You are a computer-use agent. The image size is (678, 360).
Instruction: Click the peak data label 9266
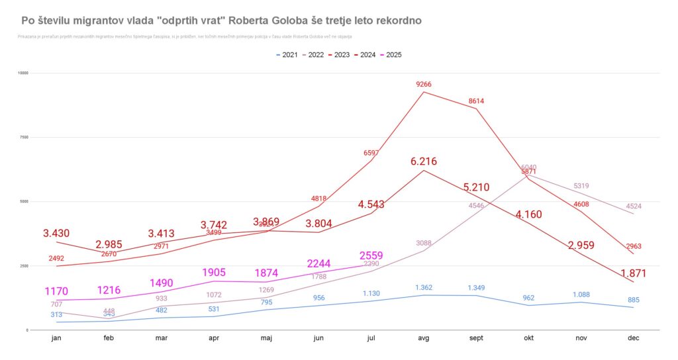click(424, 84)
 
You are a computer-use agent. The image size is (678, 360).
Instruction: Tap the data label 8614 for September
click(477, 101)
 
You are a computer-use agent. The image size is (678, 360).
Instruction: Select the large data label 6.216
click(424, 161)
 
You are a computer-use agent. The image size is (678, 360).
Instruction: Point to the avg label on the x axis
click(424, 338)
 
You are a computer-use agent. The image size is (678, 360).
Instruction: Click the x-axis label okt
click(528, 338)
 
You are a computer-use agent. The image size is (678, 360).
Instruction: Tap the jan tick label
click(56, 338)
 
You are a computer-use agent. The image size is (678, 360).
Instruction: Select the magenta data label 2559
click(371, 255)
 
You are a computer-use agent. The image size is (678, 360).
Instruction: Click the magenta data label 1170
click(56, 291)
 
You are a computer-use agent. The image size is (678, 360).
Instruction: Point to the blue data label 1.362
click(424, 287)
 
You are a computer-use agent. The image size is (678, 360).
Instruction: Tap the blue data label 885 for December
click(634, 300)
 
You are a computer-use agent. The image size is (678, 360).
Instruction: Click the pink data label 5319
click(581, 186)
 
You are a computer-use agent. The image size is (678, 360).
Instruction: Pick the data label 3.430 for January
click(56, 234)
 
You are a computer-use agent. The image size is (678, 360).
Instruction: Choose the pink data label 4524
click(634, 206)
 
